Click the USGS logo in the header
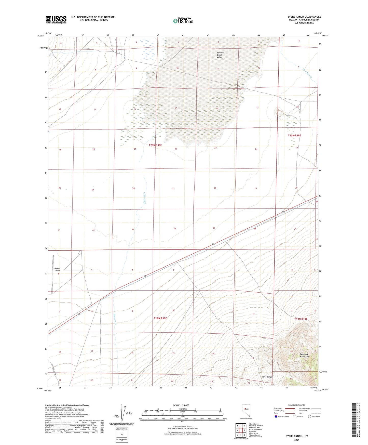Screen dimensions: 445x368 coord(56,20)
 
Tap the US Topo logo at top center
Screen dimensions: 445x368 coord(183,21)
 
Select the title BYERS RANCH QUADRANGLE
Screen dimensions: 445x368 coord(304,17)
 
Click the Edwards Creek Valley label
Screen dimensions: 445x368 coord(220,55)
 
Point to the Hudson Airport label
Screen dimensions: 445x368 coord(57,269)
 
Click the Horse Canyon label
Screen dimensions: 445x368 coord(267,377)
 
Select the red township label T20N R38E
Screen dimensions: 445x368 coord(155,145)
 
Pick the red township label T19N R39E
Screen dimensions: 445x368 coord(301,319)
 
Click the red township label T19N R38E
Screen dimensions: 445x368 coord(160,318)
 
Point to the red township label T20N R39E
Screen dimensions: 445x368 coord(294,136)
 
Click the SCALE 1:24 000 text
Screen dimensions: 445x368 coord(181,405)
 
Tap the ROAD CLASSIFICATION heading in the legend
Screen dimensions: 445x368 coord(297,405)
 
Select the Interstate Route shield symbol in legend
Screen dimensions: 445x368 coord(276,417)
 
